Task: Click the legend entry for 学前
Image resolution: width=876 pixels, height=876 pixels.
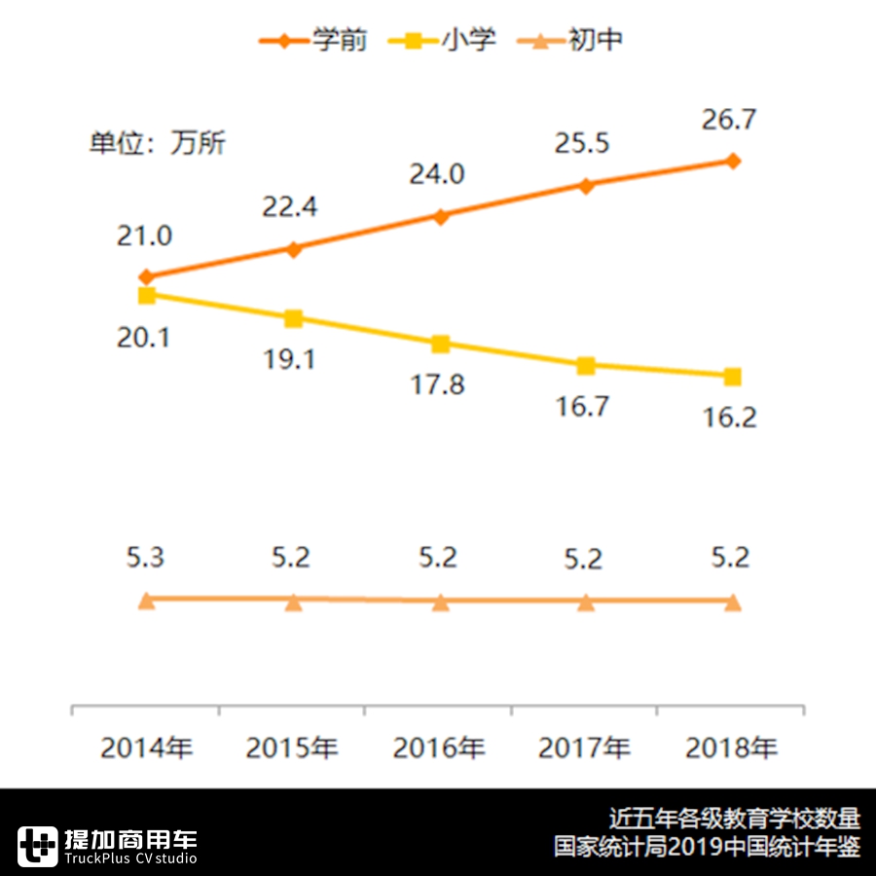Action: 313,41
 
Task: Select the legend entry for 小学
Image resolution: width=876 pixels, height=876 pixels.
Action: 443,41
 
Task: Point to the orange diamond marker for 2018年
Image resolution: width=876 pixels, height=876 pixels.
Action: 733,161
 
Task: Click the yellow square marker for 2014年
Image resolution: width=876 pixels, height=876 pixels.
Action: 147,295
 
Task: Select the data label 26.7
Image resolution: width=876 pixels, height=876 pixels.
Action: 730,121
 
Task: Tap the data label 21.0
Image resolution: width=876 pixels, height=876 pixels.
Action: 145,236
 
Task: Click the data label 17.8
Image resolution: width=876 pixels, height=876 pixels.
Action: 438,384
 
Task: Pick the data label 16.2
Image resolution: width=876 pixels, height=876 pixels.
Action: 730,419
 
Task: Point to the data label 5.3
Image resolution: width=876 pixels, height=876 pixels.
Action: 145,559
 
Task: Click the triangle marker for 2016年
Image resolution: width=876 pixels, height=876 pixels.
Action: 440,602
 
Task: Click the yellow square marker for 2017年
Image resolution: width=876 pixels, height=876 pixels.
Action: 586,365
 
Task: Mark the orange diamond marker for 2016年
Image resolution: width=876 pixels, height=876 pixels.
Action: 440,216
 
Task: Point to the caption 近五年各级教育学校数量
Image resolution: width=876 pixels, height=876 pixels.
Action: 735,818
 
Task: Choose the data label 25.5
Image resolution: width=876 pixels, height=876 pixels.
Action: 582,144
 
